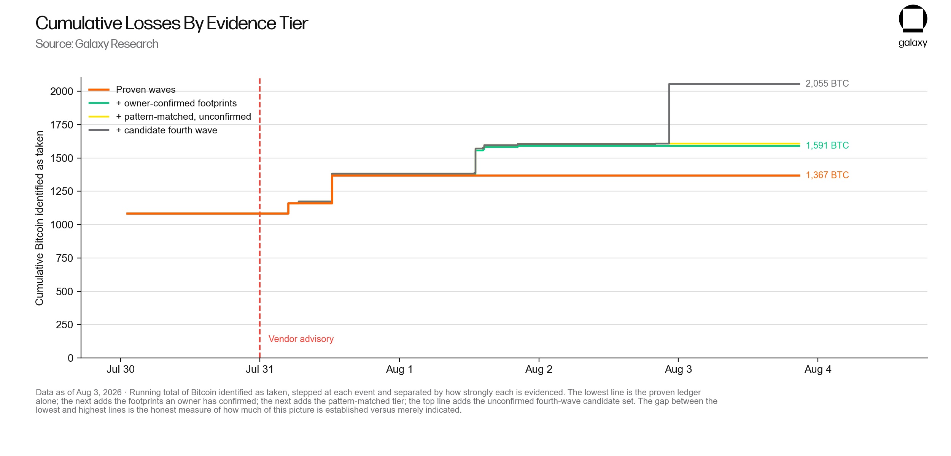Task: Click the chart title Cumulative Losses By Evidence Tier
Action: tap(172, 23)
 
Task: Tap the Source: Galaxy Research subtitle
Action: tap(97, 44)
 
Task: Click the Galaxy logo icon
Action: tap(913, 19)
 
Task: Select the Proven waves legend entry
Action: tap(132, 90)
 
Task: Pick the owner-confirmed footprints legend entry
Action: tap(162, 103)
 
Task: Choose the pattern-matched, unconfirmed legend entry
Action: tap(170, 117)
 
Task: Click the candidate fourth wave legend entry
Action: tap(153, 130)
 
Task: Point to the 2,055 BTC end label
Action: tap(827, 84)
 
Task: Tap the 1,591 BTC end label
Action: tap(827, 146)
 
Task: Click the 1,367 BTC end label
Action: tap(827, 175)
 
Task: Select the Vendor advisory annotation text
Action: tap(301, 339)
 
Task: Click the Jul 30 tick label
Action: tap(121, 369)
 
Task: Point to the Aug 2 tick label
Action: tap(539, 369)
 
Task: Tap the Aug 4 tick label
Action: tap(818, 369)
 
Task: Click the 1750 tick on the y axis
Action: tap(62, 125)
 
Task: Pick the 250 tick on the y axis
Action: tap(64, 325)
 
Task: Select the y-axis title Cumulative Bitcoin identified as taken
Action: tap(40, 218)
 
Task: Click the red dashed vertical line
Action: tap(260, 218)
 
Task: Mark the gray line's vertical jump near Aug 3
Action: tap(669, 114)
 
